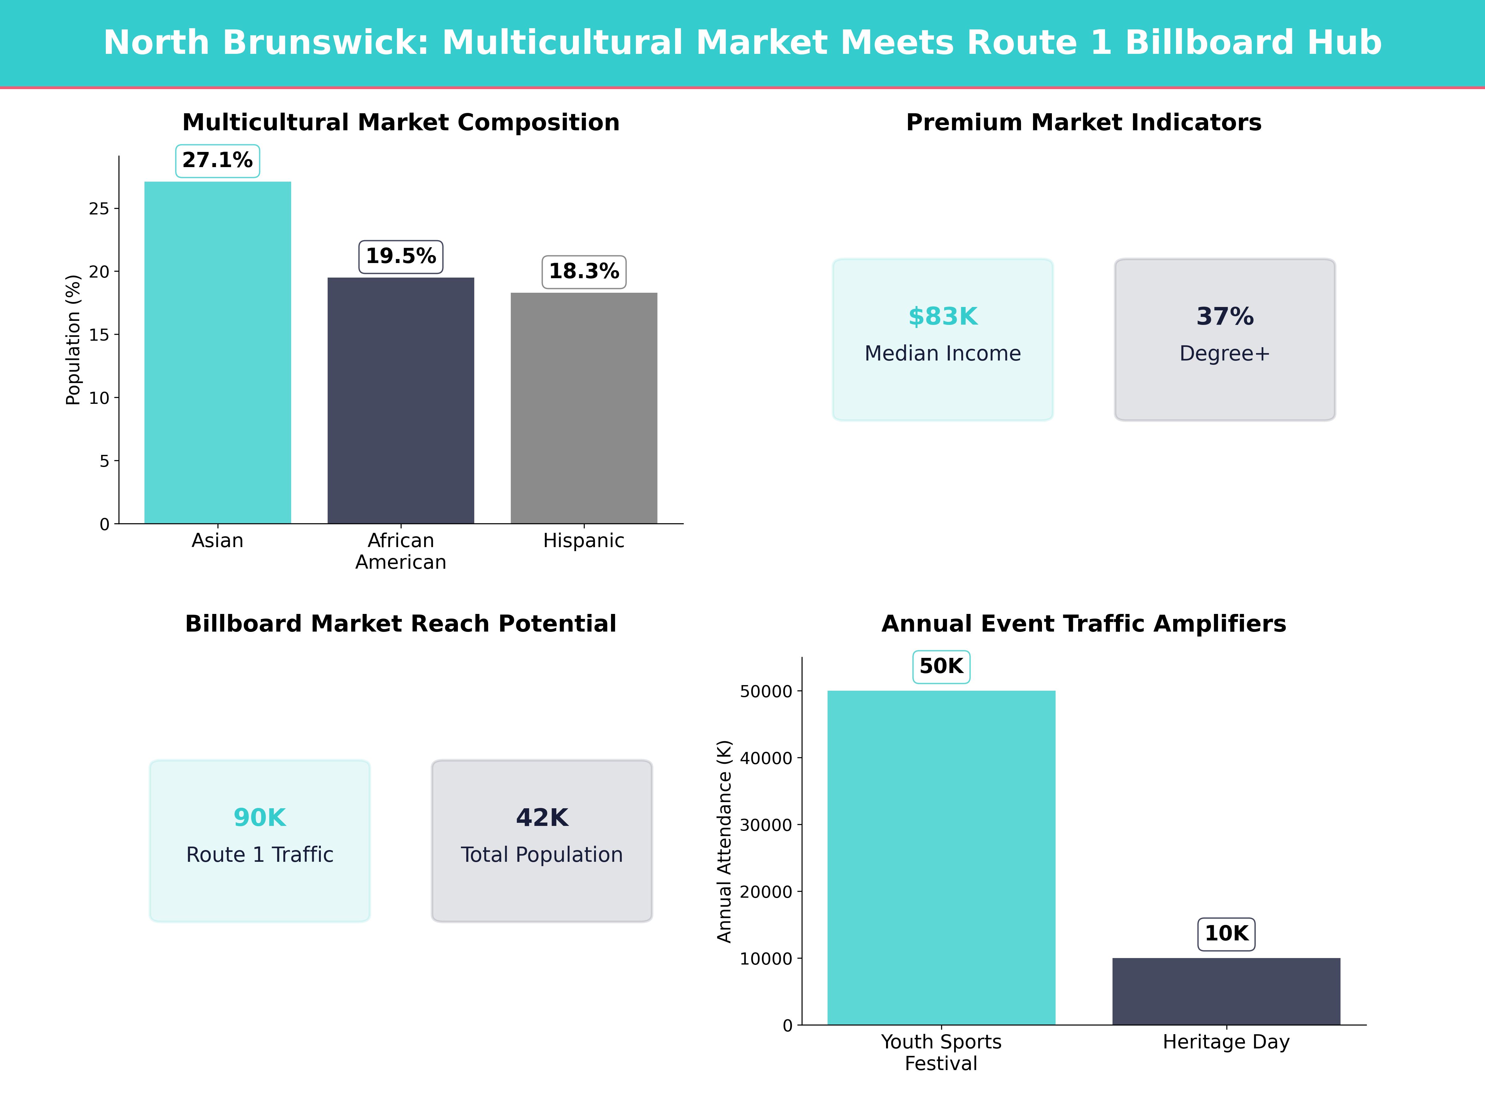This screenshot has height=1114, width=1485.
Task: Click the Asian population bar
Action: (217, 352)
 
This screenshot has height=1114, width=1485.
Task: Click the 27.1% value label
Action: (217, 161)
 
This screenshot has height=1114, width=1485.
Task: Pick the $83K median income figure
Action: (943, 316)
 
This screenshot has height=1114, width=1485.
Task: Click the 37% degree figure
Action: (1225, 316)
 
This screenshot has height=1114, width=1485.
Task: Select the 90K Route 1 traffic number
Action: (260, 817)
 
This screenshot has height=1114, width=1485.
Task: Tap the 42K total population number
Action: (542, 817)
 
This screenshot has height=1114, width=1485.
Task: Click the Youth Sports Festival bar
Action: (941, 857)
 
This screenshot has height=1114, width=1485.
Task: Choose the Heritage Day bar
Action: (1226, 991)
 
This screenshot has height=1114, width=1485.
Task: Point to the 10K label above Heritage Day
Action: (1226, 933)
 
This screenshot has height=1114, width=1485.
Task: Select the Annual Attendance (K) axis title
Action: (724, 841)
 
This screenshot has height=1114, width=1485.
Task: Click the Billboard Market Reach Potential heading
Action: (401, 624)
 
